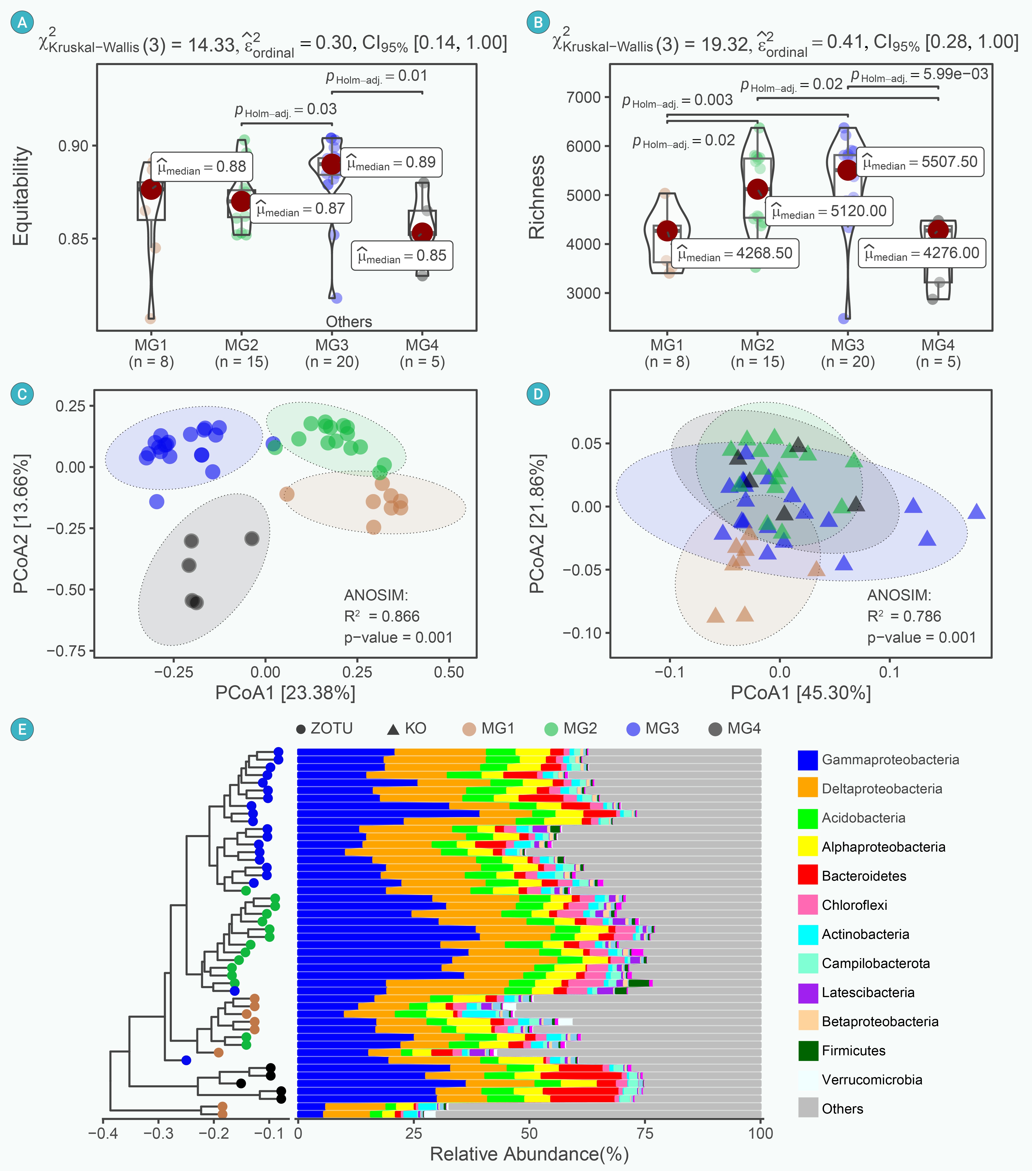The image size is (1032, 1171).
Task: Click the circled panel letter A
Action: click(x=22, y=22)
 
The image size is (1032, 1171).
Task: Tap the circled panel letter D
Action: click(x=538, y=394)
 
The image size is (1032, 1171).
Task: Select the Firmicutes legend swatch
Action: click(x=808, y=1050)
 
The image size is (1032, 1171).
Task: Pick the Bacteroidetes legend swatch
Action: click(x=808, y=875)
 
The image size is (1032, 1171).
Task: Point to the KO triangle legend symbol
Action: click(x=393, y=729)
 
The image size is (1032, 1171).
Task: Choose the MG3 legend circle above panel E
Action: click(x=633, y=729)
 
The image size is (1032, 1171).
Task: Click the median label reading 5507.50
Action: click(x=920, y=162)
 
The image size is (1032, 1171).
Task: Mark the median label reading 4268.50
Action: click(x=735, y=253)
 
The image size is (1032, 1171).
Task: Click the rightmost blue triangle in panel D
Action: click(x=976, y=511)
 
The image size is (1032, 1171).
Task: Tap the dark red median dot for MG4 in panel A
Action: click(x=422, y=232)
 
